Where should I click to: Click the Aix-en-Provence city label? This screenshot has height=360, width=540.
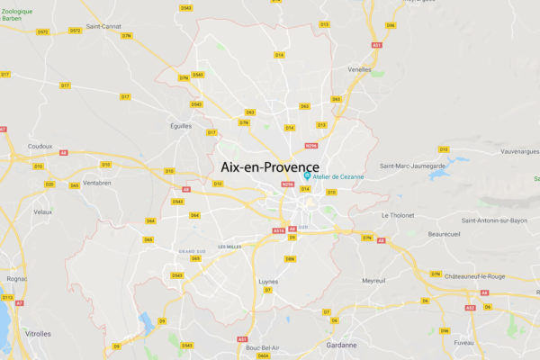[270, 167]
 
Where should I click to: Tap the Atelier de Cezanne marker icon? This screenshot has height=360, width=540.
[309, 176]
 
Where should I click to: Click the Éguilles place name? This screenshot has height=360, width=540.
[181, 126]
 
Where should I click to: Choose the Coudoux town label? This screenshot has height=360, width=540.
[40, 145]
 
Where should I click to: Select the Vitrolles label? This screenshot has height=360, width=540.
[39, 333]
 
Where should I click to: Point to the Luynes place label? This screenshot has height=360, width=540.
[268, 281]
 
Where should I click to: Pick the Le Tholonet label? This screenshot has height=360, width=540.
[397, 215]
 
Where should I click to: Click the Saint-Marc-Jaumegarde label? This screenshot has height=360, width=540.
[413, 166]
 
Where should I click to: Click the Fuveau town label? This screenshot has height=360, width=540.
[464, 343]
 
